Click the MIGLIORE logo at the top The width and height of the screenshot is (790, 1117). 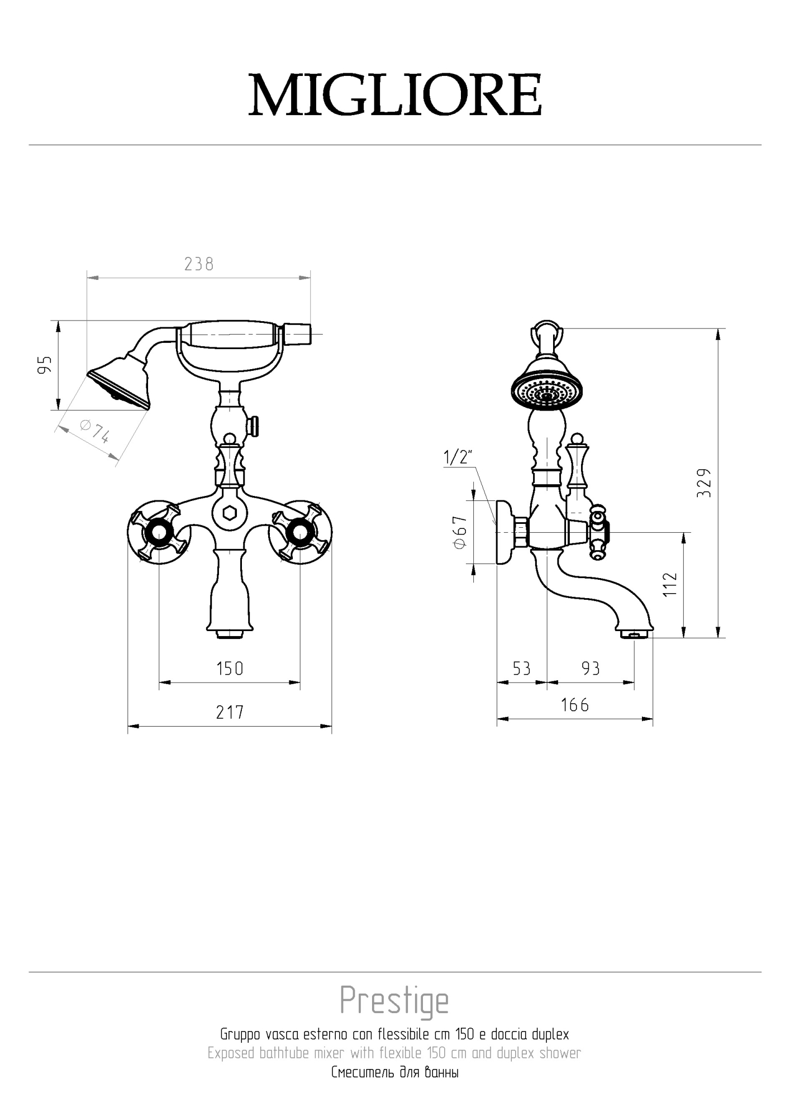click(395, 95)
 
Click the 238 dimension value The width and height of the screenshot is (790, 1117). click(199, 264)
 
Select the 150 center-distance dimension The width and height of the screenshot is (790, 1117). click(230, 669)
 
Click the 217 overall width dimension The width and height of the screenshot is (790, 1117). click(230, 712)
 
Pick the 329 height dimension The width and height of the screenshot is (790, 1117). click(705, 483)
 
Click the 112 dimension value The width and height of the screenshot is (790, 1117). click(670, 584)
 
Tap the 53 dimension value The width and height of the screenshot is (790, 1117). click(521, 669)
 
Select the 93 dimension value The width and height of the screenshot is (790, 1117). click(591, 669)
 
